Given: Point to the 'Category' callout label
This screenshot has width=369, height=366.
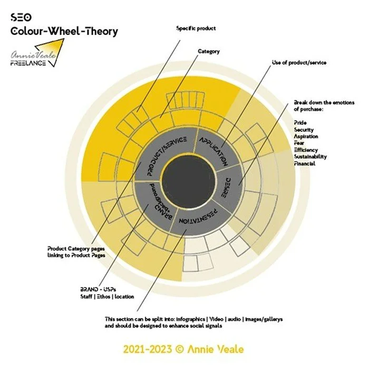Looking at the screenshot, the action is pyautogui.click(x=209, y=51).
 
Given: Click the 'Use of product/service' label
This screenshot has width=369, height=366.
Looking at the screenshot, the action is pyautogui.click(x=299, y=62).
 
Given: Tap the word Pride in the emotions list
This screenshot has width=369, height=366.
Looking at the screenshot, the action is pyautogui.click(x=299, y=122).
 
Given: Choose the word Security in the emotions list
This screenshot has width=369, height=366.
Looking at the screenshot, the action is pyautogui.click(x=303, y=129).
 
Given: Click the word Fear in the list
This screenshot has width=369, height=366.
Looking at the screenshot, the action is pyautogui.click(x=299, y=143).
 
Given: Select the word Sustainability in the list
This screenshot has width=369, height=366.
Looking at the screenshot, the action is pyautogui.click(x=310, y=157).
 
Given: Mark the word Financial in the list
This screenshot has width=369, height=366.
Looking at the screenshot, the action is pyautogui.click(x=305, y=163).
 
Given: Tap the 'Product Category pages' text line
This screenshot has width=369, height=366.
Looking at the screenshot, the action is pyautogui.click(x=76, y=248).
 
